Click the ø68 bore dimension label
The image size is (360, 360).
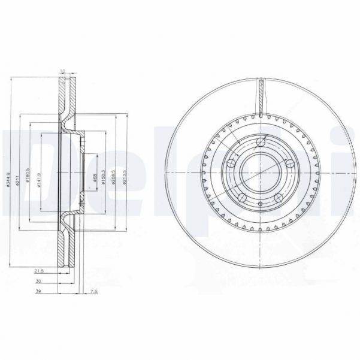coord(96,179)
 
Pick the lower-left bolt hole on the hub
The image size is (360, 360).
coord(243,197)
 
